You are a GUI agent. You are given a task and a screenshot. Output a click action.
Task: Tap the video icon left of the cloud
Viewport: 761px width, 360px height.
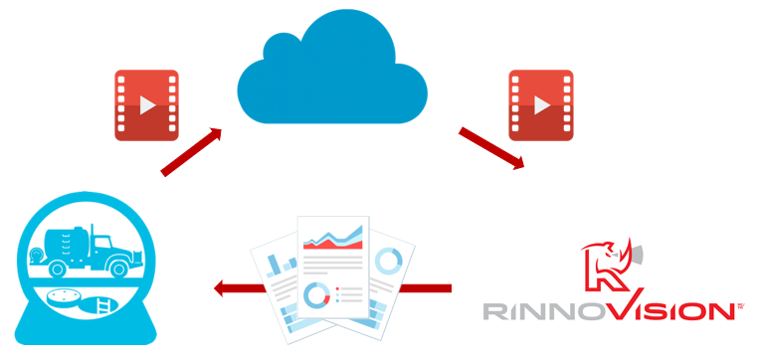pyautogui.click(x=146, y=103)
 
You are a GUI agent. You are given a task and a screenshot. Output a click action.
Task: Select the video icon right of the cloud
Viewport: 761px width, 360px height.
pyautogui.click(x=540, y=103)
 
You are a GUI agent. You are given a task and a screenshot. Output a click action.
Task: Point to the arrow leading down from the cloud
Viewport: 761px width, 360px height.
pyautogui.click(x=491, y=147)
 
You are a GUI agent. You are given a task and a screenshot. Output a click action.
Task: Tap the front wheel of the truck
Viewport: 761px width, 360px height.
pyautogui.click(x=118, y=268)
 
